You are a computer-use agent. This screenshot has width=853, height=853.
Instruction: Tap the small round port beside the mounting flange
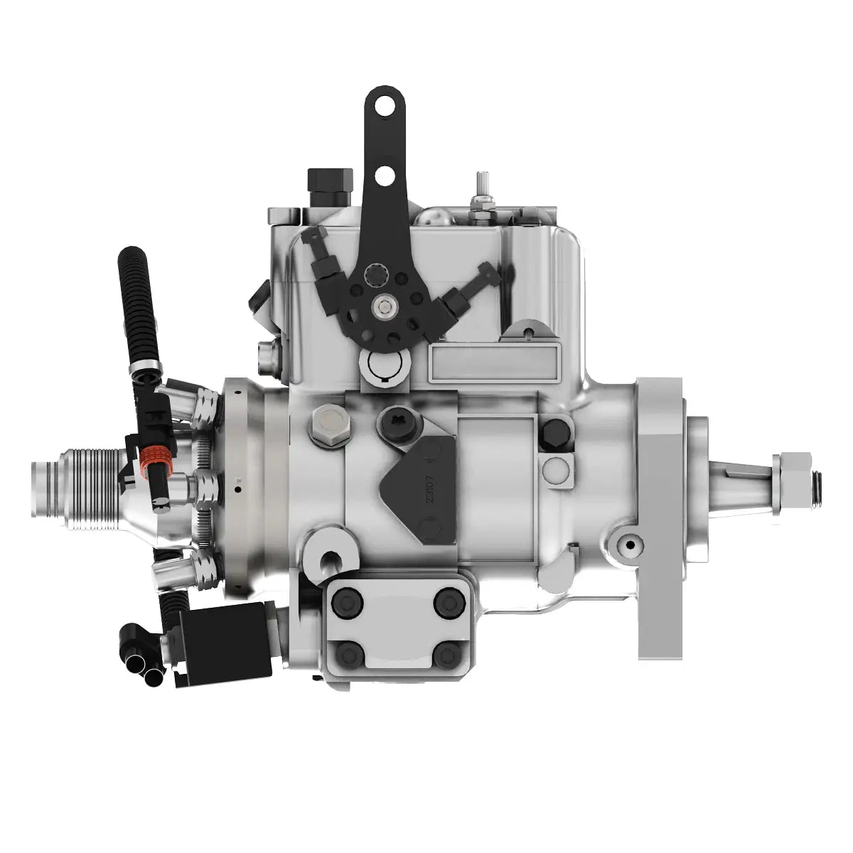(628, 545)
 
